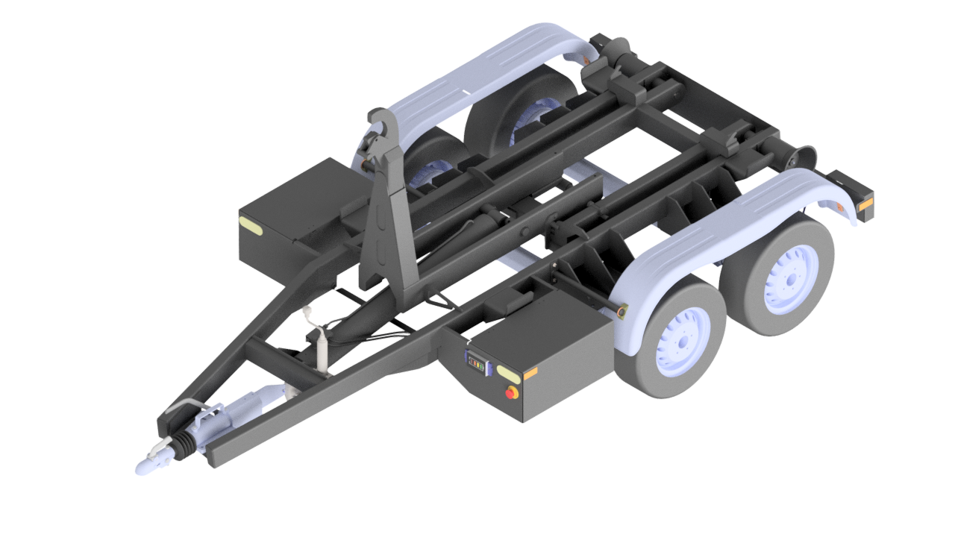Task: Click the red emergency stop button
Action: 513,392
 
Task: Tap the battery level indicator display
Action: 476,362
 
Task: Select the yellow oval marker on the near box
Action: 510,373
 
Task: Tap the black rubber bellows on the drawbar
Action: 184,445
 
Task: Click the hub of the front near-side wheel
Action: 680,342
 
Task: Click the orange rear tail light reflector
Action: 865,206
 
